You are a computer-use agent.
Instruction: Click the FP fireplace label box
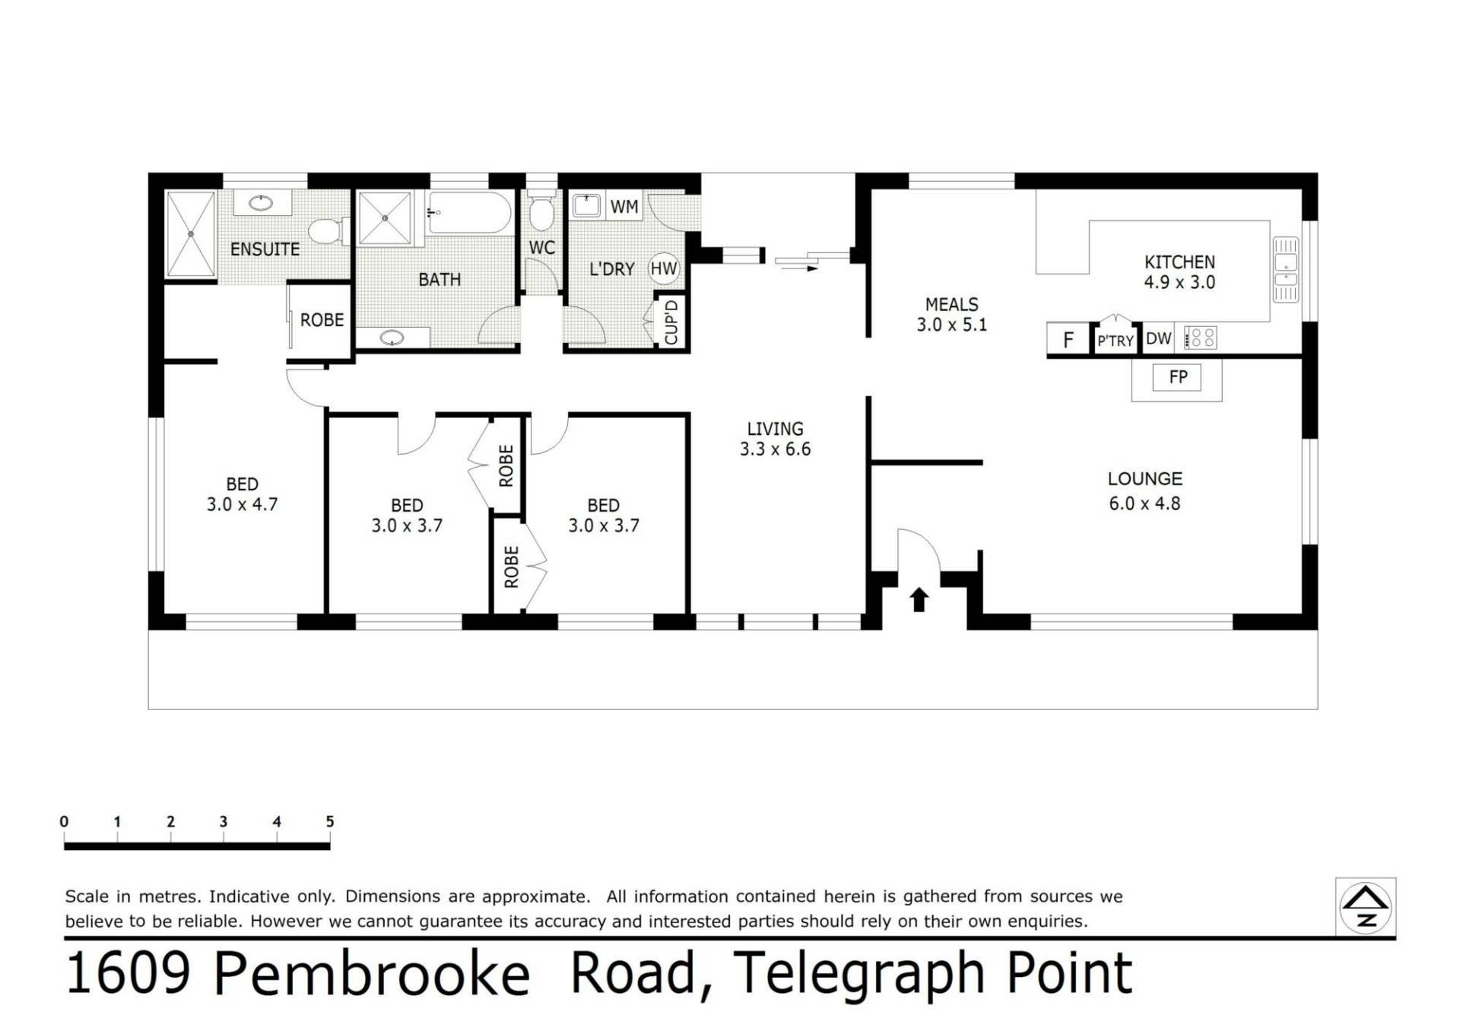click(x=1178, y=377)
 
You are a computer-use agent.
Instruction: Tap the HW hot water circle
click(x=663, y=268)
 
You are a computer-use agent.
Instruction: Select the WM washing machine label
click(x=624, y=207)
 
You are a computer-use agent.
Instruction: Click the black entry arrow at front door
click(x=919, y=599)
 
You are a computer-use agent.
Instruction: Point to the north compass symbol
click(x=1366, y=907)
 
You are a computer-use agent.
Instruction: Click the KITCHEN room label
click(x=1179, y=262)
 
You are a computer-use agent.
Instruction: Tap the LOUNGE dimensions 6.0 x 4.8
click(x=1144, y=503)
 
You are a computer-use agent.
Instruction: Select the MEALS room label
click(x=951, y=304)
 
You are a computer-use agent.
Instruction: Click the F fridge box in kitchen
click(x=1068, y=339)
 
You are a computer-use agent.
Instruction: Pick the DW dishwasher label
click(x=1158, y=338)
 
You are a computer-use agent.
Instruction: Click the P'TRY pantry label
click(x=1115, y=341)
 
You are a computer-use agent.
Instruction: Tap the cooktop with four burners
click(x=1201, y=338)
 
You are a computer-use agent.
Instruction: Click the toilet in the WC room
click(x=541, y=212)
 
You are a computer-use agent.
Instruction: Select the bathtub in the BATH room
click(x=469, y=213)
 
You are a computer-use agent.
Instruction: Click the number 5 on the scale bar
click(x=330, y=821)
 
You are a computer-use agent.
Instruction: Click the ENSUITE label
click(x=265, y=249)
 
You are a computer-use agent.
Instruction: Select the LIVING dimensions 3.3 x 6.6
click(x=775, y=449)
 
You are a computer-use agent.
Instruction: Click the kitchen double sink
click(x=1286, y=270)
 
